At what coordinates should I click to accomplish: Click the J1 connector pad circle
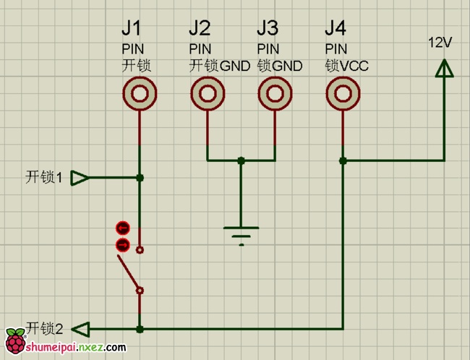[x=140, y=94]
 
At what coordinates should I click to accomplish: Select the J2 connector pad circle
[x=208, y=94]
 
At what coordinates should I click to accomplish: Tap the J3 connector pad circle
[x=275, y=94]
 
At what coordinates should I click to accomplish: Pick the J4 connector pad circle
[x=343, y=94]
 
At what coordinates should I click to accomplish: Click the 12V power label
[x=440, y=43]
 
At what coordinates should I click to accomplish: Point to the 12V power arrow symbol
[x=444, y=68]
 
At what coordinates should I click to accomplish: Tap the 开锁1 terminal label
[x=44, y=177]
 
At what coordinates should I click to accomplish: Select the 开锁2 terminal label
[x=44, y=328]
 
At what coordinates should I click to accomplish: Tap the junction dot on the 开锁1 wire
[x=140, y=178]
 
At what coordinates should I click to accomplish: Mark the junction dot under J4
[x=343, y=160]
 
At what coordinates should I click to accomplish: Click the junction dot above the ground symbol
[x=241, y=160]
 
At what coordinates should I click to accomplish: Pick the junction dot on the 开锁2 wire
[x=140, y=329]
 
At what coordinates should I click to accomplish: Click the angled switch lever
[x=129, y=275]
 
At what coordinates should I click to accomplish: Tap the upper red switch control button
[x=122, y=228]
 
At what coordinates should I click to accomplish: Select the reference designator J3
[x=267, y=28]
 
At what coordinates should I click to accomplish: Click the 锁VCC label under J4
[x=347, y=66]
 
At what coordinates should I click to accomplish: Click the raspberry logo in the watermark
[x=14, y=342]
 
